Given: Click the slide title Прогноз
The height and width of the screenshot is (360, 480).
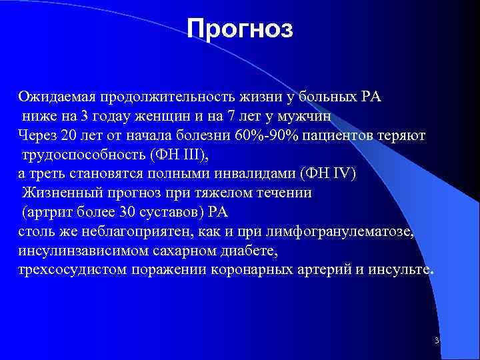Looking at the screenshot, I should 239,29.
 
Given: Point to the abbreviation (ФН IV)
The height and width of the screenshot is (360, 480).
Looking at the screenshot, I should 329,174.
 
